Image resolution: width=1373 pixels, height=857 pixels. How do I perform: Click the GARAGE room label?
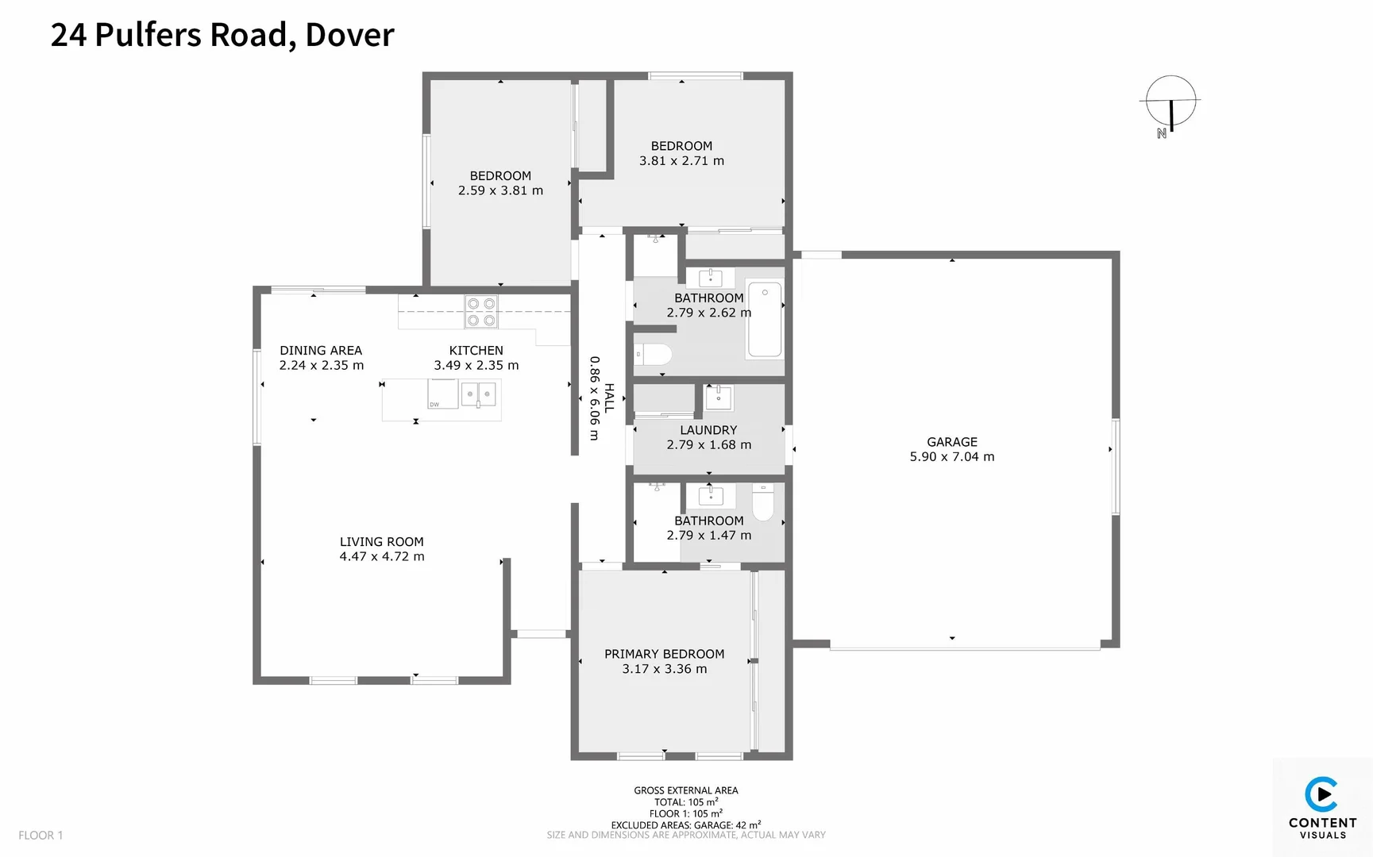click(951, 442)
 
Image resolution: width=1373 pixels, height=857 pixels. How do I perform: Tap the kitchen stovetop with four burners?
click(480, 312)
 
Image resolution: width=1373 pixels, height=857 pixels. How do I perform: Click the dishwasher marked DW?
click(442, 394)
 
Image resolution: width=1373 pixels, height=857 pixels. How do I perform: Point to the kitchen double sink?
click(479, 394)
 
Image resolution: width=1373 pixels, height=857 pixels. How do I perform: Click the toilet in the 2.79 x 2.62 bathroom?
click(654, 354)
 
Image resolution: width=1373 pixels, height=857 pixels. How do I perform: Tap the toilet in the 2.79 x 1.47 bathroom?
click(762, 503)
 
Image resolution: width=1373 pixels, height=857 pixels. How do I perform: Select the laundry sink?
click(719, 398)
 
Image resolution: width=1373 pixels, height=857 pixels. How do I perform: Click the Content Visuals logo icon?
click(1321, 794)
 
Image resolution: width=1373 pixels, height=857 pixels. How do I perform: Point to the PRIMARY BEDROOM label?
click(664, 654)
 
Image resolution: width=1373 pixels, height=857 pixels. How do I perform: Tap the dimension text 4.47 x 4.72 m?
click(382, 556)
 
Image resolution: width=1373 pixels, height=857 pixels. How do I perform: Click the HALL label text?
click(609, 398)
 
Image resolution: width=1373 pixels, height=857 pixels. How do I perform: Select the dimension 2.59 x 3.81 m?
click(500, 190)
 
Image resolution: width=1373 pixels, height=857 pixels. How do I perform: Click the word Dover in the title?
click(349, 34)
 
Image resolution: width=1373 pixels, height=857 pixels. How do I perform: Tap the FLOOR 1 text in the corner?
click(40, 835)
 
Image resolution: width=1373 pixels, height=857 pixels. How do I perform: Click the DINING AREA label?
click(321, 350)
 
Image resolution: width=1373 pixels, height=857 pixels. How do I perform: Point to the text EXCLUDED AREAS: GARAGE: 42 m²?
click(685, 824)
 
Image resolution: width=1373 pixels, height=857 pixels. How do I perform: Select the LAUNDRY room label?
click(708, 430)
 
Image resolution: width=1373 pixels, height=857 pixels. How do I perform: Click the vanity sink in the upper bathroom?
click(710, 278)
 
